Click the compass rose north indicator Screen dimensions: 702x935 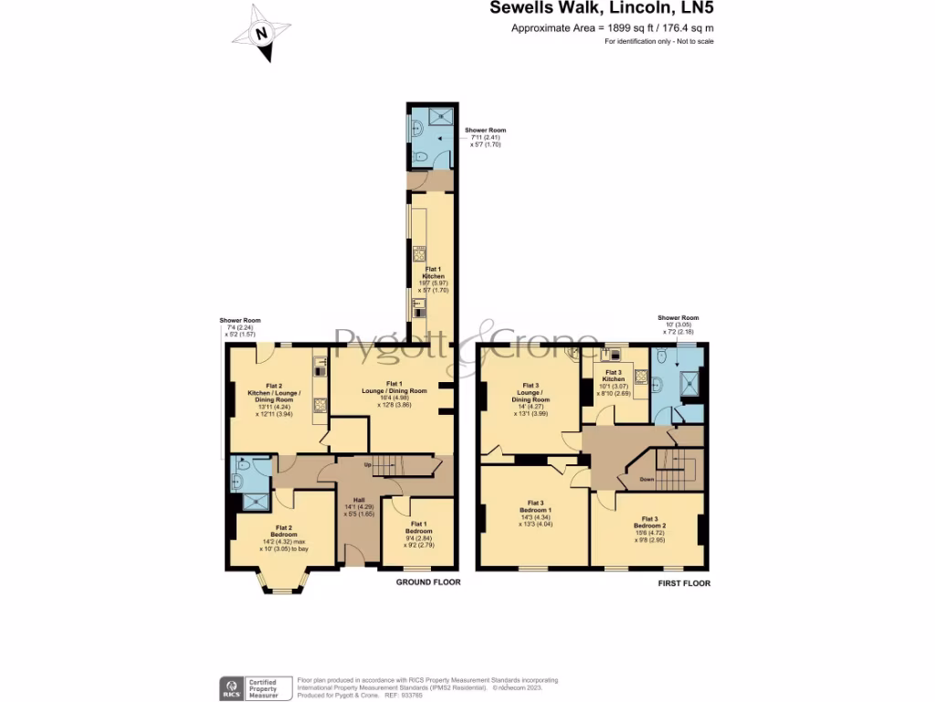point(262,35)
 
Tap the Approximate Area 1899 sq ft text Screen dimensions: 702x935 point(612,28)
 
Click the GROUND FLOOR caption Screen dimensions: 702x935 point(427,582)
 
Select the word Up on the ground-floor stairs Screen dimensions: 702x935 point(367,465)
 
